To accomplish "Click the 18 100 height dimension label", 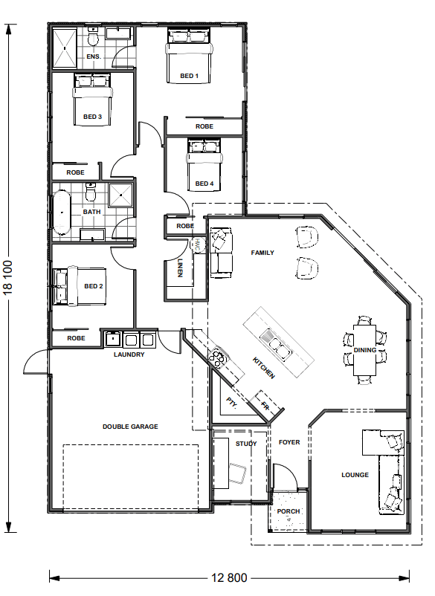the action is pos(8,277).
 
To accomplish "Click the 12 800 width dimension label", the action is pos(229,578).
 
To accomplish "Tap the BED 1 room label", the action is pos(189,76).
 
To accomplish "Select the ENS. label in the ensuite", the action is pos(94,56).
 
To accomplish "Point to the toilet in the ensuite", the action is pos(93,37).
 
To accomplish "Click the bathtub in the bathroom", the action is pos(62,213).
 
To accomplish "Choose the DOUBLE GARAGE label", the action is pos(130,427).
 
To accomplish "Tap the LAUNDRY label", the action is pos(129,354).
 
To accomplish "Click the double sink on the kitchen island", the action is pos(276,345).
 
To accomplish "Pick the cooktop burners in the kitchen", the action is pos(218,358).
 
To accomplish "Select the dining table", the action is pos(364,350).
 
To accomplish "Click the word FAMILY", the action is pos(262,253).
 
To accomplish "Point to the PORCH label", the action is pos(289,511).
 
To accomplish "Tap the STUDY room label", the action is pos(246,444).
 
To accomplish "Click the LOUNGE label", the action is pos(355,475).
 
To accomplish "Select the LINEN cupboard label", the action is pos(180,268).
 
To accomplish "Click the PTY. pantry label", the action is pos(231,403).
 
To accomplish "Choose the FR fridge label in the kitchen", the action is pos(265,406).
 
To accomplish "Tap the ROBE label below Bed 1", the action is pos(204,126).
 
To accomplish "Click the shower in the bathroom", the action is pos(121,195).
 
